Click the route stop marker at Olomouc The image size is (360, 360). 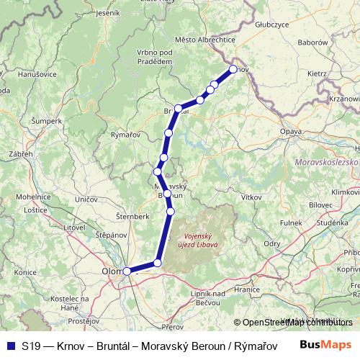[x=127, y=271]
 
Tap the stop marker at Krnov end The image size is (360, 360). [x=233, y=70]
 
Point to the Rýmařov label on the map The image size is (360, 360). [x=125, y=135]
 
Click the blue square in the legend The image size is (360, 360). [x=10, y=344]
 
